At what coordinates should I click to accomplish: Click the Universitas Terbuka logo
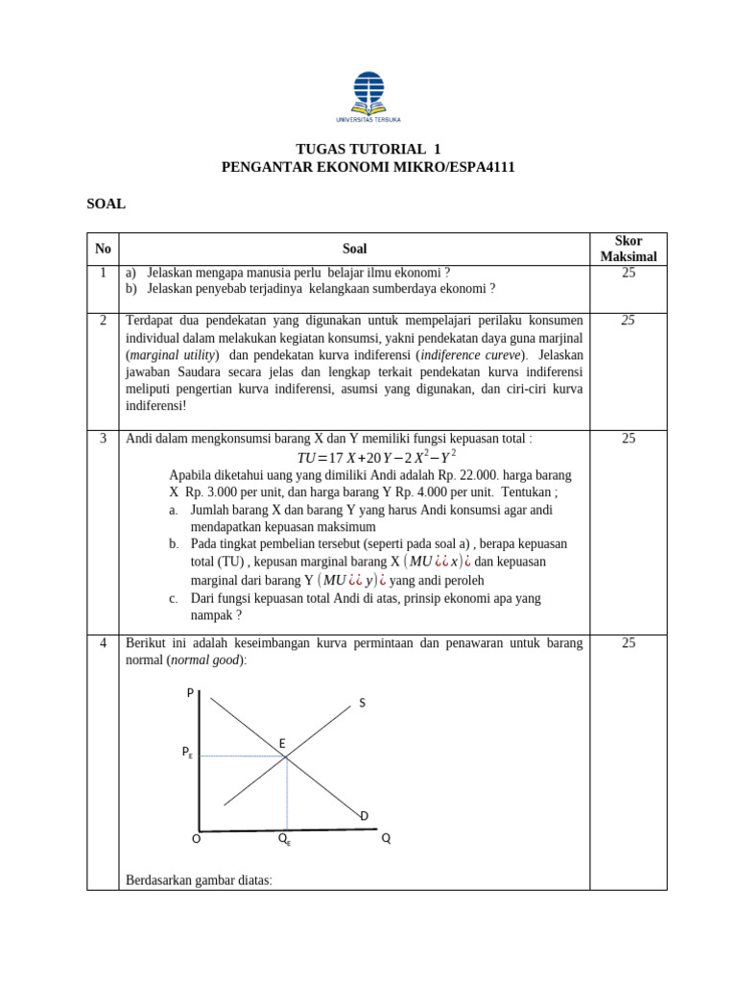coord(368,97)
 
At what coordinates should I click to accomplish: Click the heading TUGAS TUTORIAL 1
coord(368,149)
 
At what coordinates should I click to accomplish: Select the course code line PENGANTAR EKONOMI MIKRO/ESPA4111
coord(368,167)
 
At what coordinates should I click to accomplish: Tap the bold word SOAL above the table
coord(107,204)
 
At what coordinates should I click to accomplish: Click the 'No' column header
coord(103,249)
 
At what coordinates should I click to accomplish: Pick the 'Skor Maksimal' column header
coord(628,249)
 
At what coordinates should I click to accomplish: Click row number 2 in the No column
coord(103,320)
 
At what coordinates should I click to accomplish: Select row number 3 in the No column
coord(103,439)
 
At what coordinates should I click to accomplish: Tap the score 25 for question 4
coord(628,643)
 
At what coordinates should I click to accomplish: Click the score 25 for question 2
coord(628,320)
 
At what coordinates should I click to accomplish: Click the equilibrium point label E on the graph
coord(282,744)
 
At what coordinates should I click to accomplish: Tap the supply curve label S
coord(362,704)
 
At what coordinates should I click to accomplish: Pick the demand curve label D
coord(365,816)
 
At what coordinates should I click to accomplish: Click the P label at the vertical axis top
coord(190,693)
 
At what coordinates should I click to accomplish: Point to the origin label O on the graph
coord(196,838)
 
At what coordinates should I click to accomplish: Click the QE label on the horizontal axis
coord(285,839)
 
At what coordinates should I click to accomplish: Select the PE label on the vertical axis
coord(187,755)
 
